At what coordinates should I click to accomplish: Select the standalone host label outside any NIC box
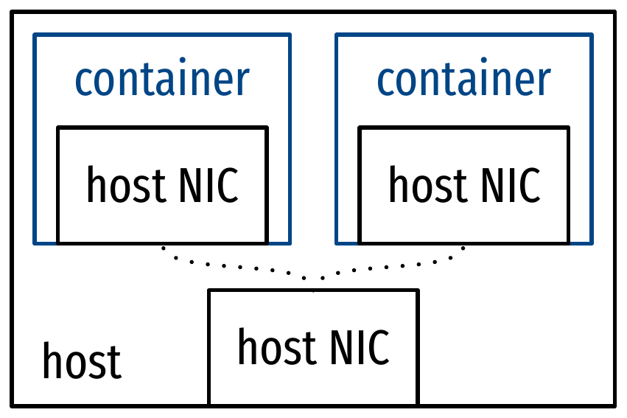coord(81,361)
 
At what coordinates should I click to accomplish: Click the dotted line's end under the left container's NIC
coord(162,248)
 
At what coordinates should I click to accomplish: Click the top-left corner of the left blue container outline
coord(35,34)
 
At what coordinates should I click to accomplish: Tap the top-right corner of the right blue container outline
coord(592,34)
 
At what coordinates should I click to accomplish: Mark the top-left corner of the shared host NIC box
coord(209,290)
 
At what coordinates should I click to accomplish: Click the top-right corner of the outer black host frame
coord(614,13)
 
